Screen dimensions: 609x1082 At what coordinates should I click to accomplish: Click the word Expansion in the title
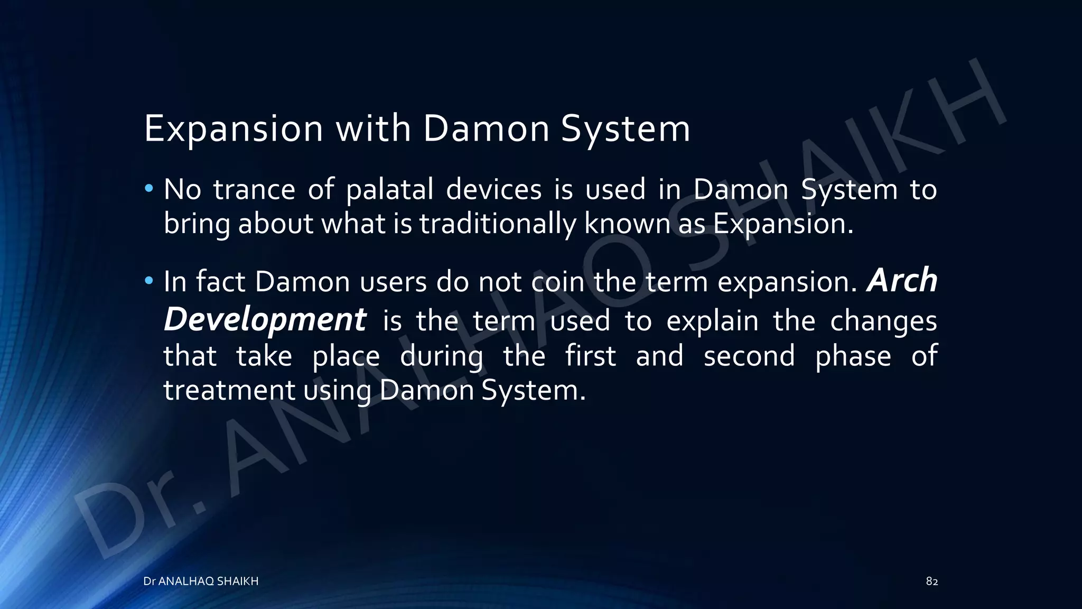coord(233,128)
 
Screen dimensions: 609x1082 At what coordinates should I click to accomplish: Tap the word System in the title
coord(625,128)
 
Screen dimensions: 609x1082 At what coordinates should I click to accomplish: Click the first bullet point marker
coord(150,188)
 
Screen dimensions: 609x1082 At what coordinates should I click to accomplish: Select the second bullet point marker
coord(150,280)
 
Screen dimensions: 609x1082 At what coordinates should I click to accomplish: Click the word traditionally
coord(497,224)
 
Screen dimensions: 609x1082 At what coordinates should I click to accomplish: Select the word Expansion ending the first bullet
coord(782,224)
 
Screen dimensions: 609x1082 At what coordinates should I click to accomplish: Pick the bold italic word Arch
coord(902,280)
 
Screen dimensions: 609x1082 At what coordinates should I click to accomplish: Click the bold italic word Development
coord(265,320)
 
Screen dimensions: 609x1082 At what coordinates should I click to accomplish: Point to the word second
coord(749,355)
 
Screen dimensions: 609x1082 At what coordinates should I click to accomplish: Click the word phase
coord(853,355)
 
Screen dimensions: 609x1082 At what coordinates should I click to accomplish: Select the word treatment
coord(229,390)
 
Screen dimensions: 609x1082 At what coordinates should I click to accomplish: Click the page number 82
coord(931,582)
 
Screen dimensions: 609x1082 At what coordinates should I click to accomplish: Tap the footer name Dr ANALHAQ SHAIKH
coord(201,582)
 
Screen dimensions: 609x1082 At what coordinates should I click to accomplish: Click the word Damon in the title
coord(486,128)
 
